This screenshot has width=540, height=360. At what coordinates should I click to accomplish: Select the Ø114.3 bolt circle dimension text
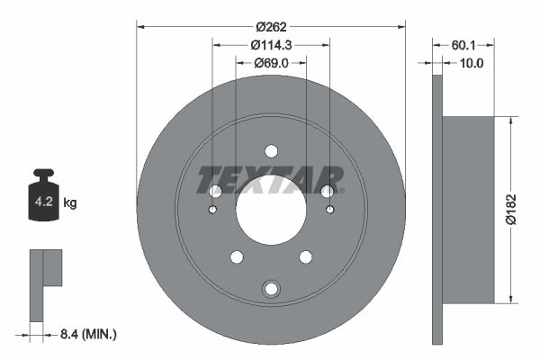(271, 45)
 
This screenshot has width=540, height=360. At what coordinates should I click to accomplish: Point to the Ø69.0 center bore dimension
(271, 63)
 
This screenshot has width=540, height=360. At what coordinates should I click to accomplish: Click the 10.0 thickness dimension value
(472, 63)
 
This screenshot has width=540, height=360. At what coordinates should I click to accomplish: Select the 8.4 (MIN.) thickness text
(87, 334)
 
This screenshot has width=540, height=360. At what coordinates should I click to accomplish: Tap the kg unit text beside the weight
(70, 203)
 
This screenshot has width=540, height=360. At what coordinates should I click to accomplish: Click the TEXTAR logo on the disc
(271, 179)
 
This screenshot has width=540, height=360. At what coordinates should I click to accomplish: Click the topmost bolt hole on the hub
(271, 151)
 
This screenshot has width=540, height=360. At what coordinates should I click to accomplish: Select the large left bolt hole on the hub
(215, 191)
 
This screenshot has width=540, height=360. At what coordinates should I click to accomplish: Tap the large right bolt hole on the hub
(327, 191)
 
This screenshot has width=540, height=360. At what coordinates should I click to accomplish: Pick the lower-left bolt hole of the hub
(237, 257)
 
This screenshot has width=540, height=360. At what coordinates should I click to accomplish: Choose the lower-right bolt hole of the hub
(305, 257)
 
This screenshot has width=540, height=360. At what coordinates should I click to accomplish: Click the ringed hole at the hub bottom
(271, 289)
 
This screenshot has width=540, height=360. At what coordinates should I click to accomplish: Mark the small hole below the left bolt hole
(212, 210)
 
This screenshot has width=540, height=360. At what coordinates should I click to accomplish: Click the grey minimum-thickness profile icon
(44, 283)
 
